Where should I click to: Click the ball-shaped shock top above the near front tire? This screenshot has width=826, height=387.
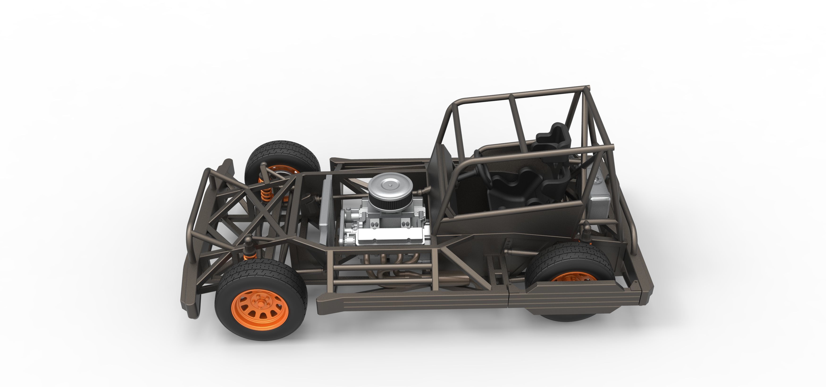click(249, 241)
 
